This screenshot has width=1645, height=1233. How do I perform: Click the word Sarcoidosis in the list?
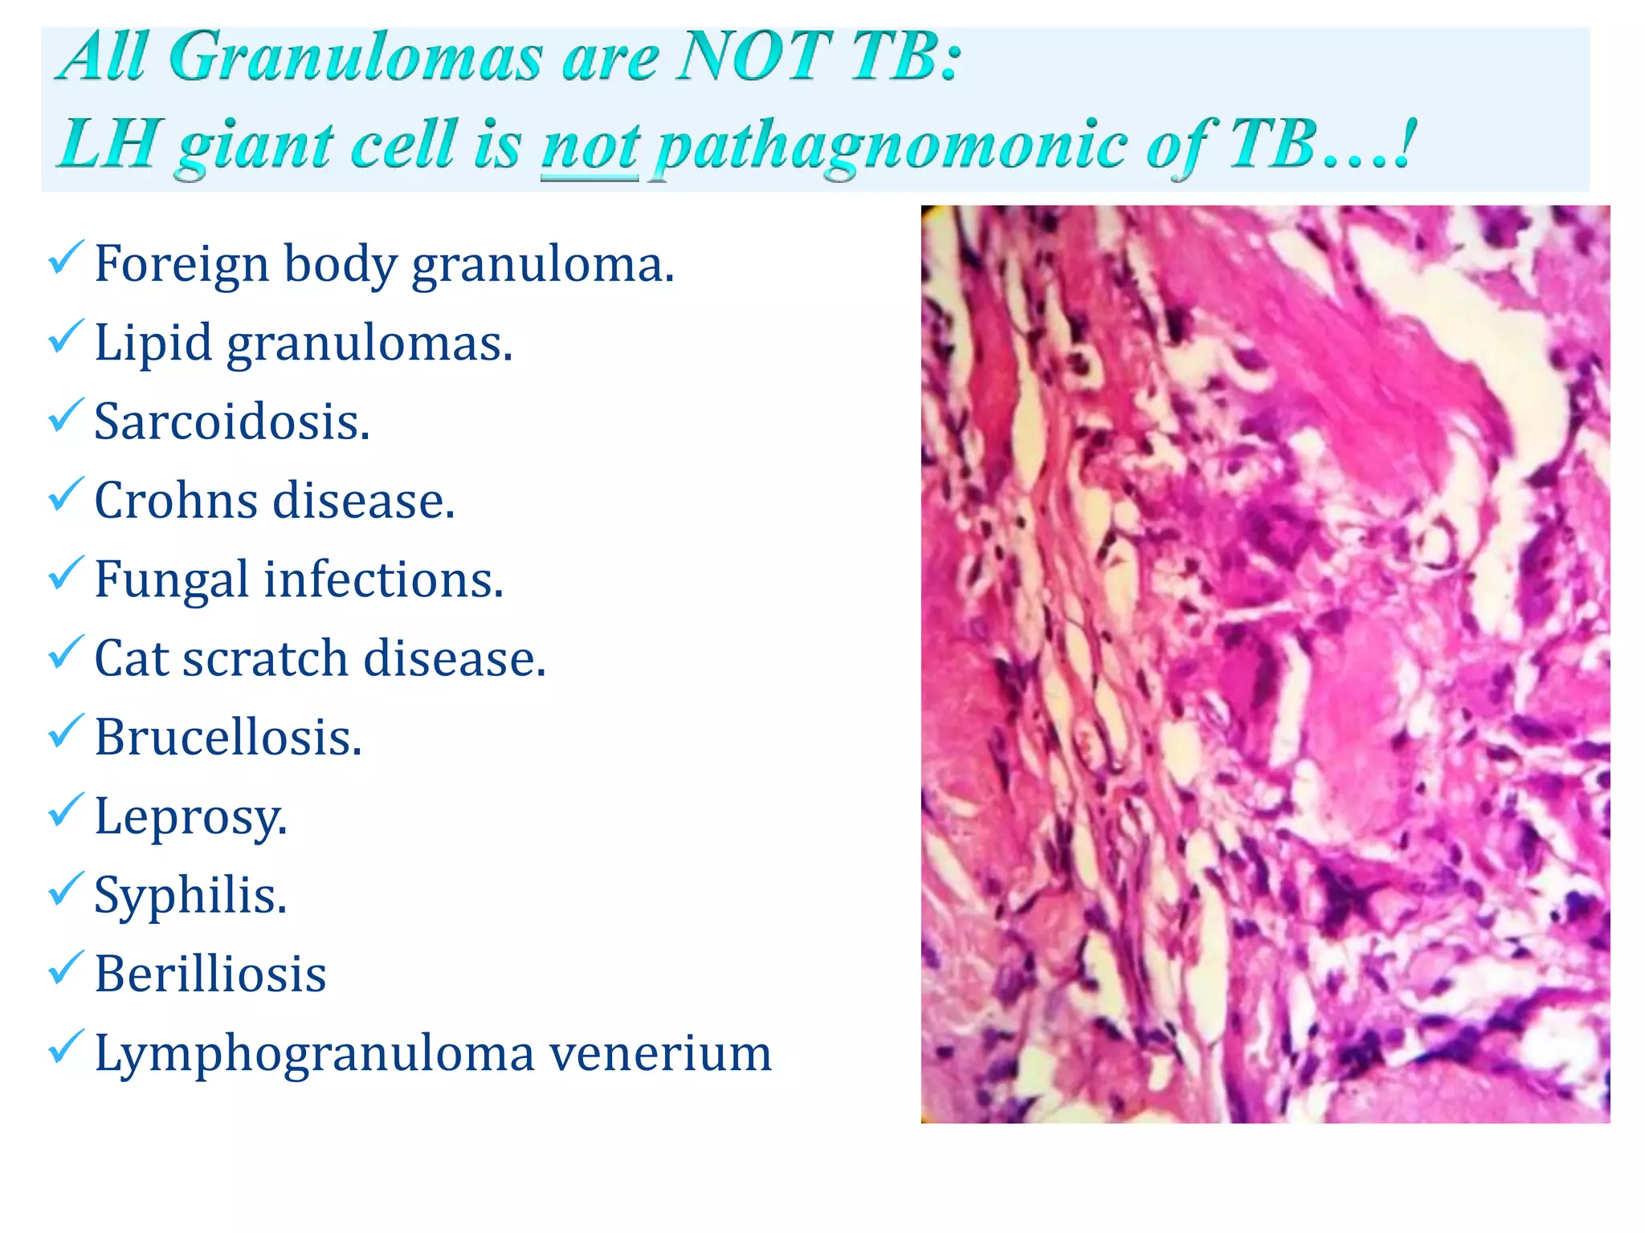[232, 422]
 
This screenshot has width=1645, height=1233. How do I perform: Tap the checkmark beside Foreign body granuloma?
[65, 258]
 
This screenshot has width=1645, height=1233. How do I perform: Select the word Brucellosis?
[228, 738]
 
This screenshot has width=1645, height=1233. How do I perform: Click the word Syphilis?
[190, 896]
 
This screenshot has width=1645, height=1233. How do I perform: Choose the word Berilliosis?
[210, 975]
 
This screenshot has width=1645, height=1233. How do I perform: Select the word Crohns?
[176, 501]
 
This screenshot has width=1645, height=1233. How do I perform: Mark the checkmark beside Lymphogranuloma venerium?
[65, 1047]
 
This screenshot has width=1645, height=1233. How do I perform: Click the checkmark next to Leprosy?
[65, 810]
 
